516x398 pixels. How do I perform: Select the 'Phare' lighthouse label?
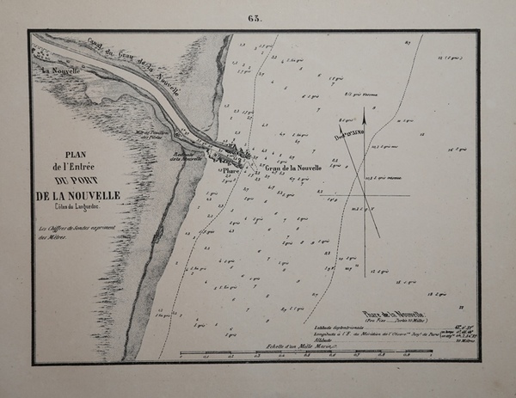[x=227, y=170]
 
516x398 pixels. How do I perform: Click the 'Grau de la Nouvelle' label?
[x=293, y=167]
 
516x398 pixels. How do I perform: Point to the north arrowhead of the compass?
[x=365, y=113]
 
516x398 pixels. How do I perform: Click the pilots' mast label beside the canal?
[x=154, y=133]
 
